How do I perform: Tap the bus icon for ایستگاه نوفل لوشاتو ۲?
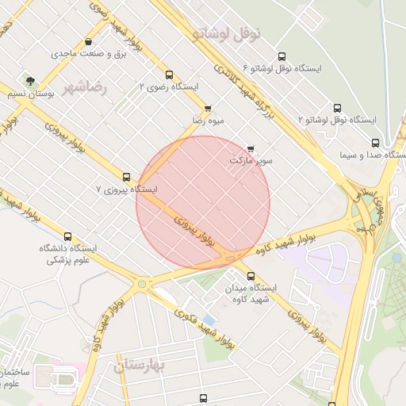click(x=338, y=108)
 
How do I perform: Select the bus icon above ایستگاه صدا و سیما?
click(x=375, y=144)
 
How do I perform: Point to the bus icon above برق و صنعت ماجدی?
click(x=87, y=42)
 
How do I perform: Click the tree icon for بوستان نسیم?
click(x=30, y=81)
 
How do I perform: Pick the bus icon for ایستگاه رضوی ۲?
click(x=168, y=75)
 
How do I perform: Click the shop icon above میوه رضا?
click(x=208, y=109)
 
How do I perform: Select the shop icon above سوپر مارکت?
click(x=251, y=148)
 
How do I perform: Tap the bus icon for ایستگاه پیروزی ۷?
click(x=126, y=177)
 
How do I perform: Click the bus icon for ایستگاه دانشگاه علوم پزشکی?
click(x=67, y=236)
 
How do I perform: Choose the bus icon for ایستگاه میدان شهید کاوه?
click(x=251, y=276)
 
